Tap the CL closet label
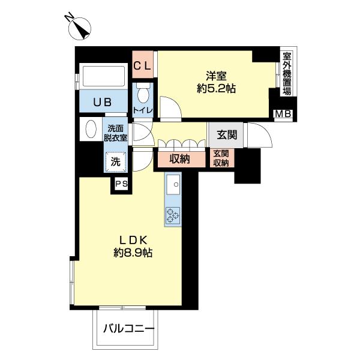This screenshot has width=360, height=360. (143, 65)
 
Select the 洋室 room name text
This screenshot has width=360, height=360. (216, 76)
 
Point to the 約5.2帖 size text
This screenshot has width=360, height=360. (216, 89)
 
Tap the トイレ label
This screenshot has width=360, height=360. (143, 110)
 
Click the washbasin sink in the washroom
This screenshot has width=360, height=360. (91, 130)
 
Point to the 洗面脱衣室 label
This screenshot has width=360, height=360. (117, 133)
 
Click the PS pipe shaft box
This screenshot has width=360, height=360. (121, 184)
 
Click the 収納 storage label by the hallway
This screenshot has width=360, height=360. (179, 159)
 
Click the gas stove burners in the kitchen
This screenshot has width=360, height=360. (172, 215)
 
